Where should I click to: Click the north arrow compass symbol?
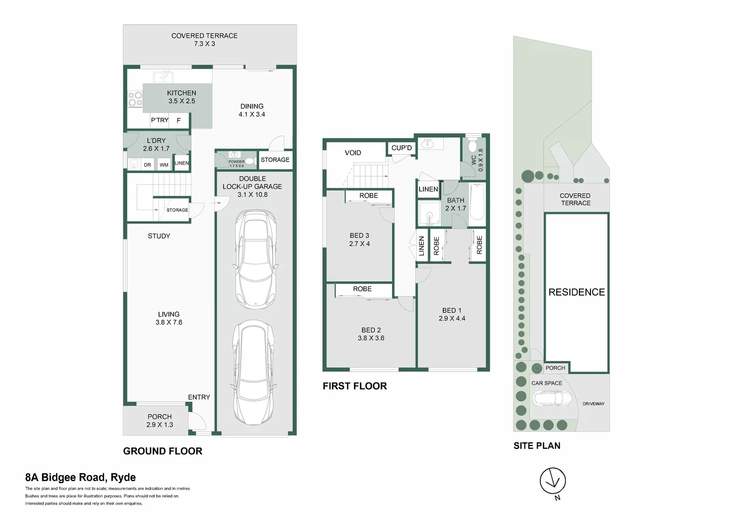[x=552, y=481]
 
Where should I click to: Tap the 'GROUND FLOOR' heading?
[x=163, y=451]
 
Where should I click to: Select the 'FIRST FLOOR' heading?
[x=355, y=386]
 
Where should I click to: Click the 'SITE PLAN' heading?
[x=537, y=445]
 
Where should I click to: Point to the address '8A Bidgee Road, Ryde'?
[x=80, y=478]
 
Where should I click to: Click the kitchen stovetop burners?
[x=135, y=99]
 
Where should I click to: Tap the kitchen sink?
[x=163, y=77]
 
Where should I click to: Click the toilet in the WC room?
[x=473, y=146]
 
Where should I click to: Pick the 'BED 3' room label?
[x=359, y=235]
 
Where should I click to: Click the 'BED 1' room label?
[x=452, y=311]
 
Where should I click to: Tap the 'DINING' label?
[x=252, y=106]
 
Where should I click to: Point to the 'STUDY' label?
[x=159, y=236]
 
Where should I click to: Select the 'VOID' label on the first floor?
[x=353, y=153]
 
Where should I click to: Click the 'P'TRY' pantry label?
[x=159, y=120]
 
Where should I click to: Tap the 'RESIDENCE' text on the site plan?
[x=577, y=292]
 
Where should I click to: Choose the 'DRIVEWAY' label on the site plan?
[x=593, y=403]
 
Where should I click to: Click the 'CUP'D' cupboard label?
[x=401, y=148]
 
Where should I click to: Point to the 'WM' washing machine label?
[x=164, y=165]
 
